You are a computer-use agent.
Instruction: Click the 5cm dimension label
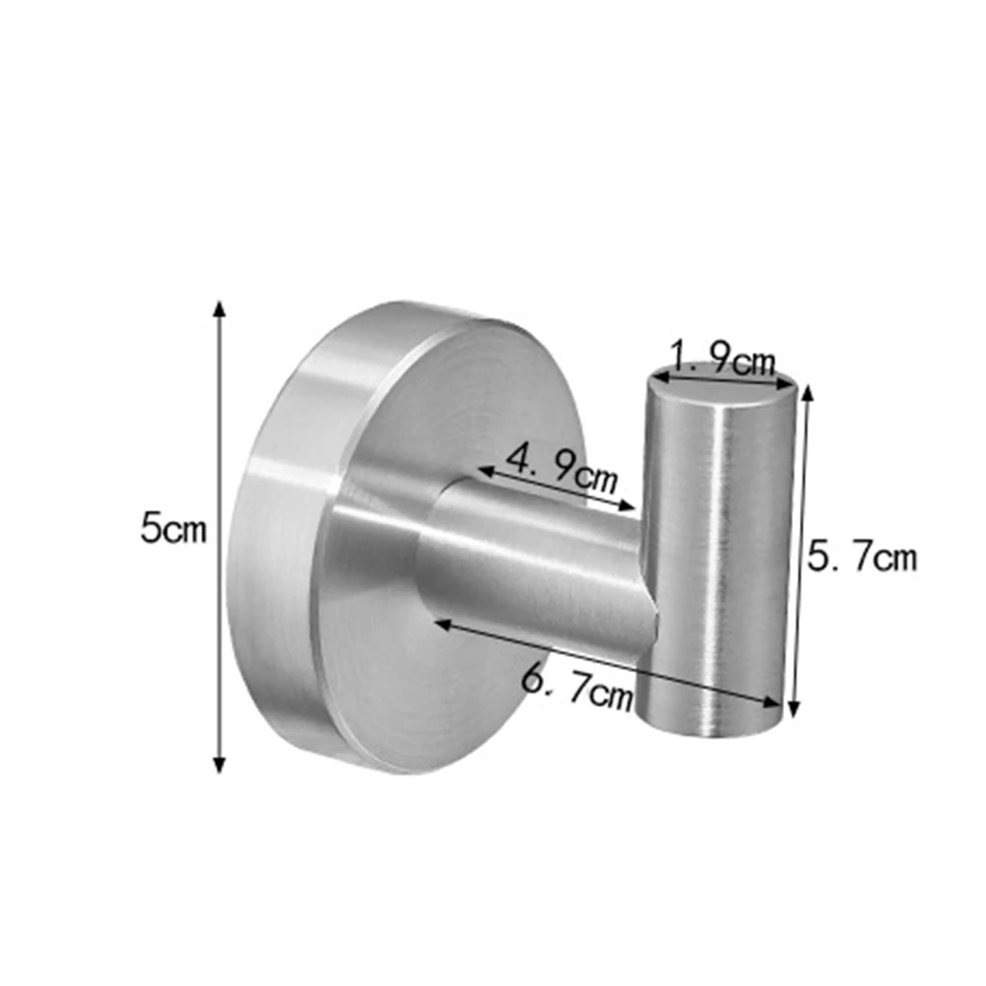click(173, 528)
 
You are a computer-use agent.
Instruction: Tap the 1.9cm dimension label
click(724, 360)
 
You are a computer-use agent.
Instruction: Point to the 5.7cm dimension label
click(862, 557)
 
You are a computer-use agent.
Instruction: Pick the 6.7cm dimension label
click(577, 687)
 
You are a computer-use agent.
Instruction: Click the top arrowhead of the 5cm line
click(219, 308)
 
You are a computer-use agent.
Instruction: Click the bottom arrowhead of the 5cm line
click(219, 764)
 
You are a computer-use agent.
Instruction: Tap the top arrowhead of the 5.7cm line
click(808, 393)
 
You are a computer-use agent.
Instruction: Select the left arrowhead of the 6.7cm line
click(442, 624)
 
